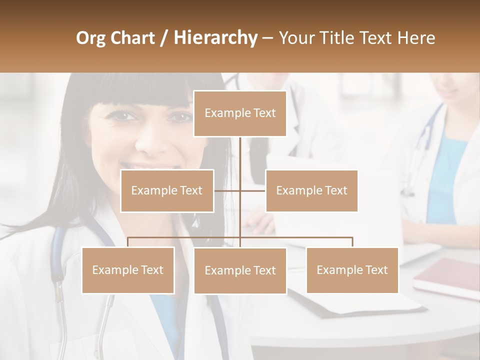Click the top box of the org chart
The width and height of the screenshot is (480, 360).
(x=240, y=113)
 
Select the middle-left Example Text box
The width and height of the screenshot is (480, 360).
(x=167, y=190)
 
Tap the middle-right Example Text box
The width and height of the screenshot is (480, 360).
(x=311, y=190)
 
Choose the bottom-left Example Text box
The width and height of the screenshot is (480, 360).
(x=128, y=270)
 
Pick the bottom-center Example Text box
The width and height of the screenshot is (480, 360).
(x=240, y=270)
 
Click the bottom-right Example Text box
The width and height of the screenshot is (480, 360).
(x=352, y=270)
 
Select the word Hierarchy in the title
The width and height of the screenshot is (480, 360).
(x=215, y=38)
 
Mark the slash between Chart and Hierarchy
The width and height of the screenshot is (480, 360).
(x=163, y=38)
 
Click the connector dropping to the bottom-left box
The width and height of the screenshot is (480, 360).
(x=128, y=242)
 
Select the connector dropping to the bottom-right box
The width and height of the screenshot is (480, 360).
(x=352, y=242)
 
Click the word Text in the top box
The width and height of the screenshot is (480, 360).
(x=264, y=113)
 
